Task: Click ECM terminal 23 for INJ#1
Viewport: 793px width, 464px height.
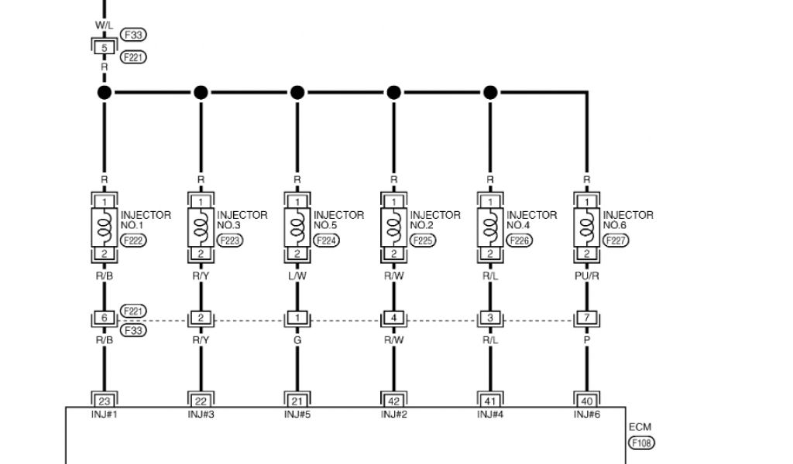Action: click(x=104, y=400)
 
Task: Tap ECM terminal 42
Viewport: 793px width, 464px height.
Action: click(x=393, y=400)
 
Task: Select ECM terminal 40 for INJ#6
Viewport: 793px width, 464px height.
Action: click(x=586, y=400)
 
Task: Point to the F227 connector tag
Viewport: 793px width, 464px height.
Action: click(x=616, y=241)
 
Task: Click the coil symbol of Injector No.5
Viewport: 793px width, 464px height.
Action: click(x=297, y=227)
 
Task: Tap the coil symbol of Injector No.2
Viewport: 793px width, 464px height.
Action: click(x=393, y=227)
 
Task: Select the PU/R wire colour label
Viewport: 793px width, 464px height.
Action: click(x=586, y=274)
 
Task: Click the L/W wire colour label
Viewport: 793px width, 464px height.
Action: click(x=297, y=274)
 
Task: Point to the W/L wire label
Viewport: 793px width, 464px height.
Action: click(x=104, y=25)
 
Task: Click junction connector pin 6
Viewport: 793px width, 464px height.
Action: click(x=104, y=318)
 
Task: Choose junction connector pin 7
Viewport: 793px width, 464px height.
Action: click(x=586, y=318)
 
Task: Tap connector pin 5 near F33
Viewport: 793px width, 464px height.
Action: click(x=104, y=46)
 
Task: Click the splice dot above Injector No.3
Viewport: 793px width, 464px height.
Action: click(x=201, y=93)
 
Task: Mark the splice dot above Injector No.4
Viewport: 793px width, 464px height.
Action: click(x=489, y=93)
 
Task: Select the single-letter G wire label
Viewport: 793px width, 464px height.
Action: click(x=297, y=339)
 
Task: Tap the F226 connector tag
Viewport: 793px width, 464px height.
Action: click(x=520, y=241)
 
